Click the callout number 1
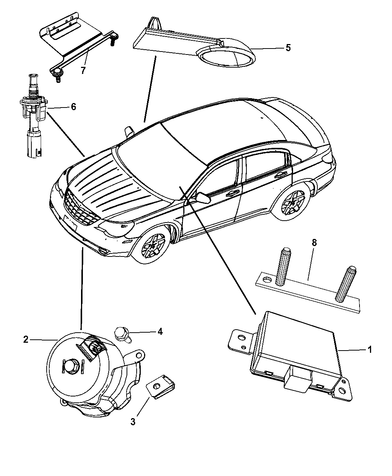tap(370, 350)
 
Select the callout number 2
tap(25, 339)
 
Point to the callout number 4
tap(160, 331)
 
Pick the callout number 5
tap(287, 47)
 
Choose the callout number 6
tap(73, 107)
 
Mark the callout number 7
tap(83, 70)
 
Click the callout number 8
tap(314, 243)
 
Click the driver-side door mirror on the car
tap(202, 197)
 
